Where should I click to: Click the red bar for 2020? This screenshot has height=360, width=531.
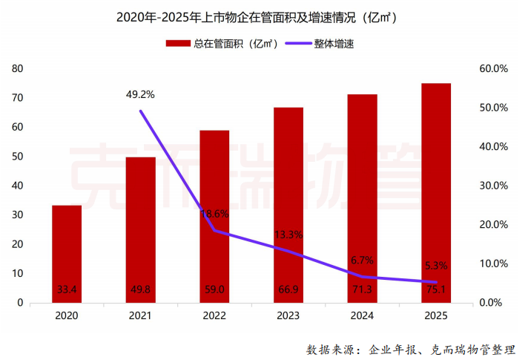coord(67,252)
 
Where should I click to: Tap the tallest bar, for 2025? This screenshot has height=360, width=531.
coord(436,193)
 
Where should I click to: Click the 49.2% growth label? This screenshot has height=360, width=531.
coord(141,94)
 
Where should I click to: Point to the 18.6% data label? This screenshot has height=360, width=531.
coord(214,213)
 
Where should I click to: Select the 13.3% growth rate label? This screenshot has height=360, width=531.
coord(288,235)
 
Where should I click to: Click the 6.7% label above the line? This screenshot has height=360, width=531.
coord(363,260)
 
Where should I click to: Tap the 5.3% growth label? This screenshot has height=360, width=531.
coord(436,265)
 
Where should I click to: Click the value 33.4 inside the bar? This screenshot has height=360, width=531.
coord(67,289)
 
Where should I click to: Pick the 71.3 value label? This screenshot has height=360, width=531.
coord(363,289)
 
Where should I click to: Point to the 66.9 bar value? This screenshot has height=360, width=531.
coord(288,289)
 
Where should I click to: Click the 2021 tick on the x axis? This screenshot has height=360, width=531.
coord(141,316)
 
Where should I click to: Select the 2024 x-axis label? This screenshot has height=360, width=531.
coord(363,316)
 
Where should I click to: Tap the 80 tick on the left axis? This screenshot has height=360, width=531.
coord(18,68)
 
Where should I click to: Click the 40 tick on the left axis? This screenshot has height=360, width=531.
coord(18,186)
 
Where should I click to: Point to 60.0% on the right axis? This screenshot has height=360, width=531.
coord(492,68)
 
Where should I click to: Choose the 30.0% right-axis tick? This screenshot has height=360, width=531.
coord(492,186)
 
